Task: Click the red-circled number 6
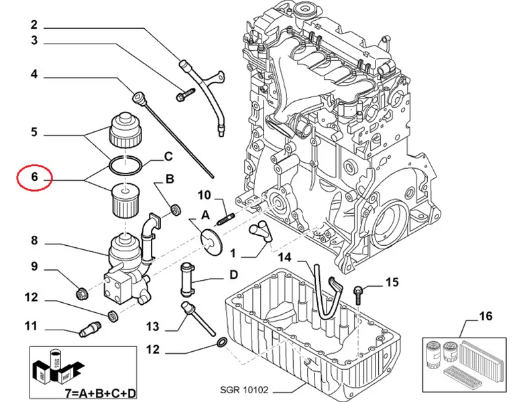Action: pos(35,177)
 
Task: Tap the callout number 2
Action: pos(34,25)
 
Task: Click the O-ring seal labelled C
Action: pos(125,165)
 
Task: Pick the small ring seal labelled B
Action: pos(176,210)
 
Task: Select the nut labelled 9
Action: pos(82,293)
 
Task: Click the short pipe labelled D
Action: pos(186,279)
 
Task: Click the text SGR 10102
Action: pos(244,390)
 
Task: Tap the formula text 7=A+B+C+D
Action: pos(101,393)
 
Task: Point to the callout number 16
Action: pos(485,316)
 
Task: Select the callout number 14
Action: pos(285,257)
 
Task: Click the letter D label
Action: pos(233,275)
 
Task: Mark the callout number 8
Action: pos(34,241)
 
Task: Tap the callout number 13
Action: pos(153,326)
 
